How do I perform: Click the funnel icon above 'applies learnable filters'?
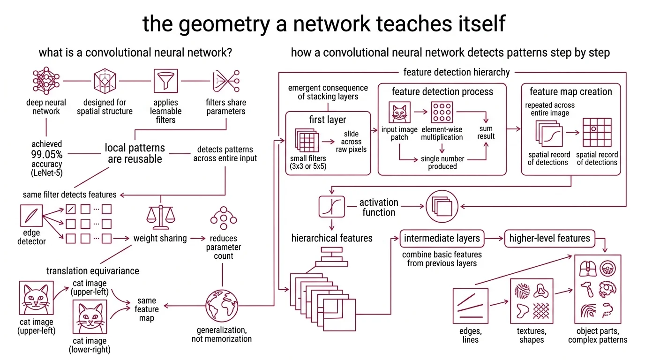pos(166,81)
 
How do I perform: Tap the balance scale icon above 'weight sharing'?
pos(160,215)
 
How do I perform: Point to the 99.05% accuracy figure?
pos(46,154)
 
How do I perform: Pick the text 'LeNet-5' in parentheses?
pos(46,173)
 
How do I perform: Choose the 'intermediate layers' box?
pos(442,238)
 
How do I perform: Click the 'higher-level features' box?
pos(549,238)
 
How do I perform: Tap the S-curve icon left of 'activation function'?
pos(332,206)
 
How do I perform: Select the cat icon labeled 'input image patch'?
pos(399,113)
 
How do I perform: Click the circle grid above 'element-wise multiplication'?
pos(442,113)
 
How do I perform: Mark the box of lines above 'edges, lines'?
pos(471,305)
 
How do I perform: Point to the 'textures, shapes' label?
pos(532,335)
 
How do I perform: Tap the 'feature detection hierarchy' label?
pos(456,72)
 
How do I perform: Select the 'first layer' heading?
pos(328,120)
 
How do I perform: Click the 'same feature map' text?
pos(147,309)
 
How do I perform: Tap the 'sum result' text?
pos(486,132)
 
